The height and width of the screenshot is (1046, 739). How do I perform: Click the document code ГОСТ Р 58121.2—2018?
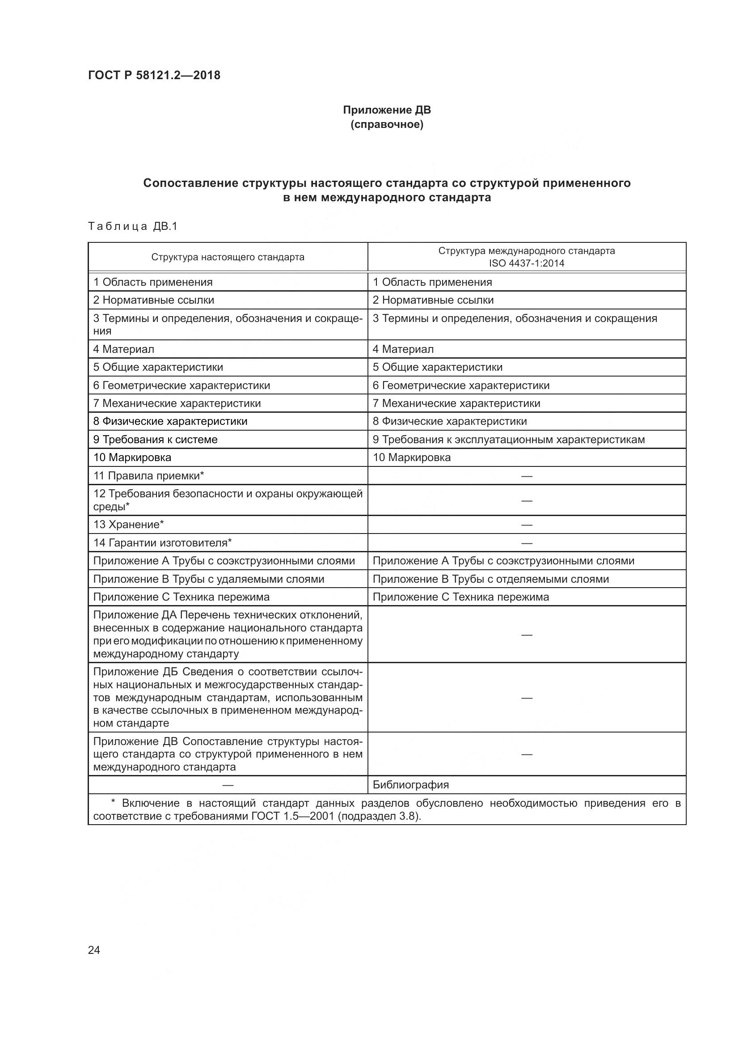click(x=154, y=75)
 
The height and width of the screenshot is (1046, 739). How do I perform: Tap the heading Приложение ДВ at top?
click(x=387, y=110)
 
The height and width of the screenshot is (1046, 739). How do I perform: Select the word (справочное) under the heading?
click(x=387, y=124)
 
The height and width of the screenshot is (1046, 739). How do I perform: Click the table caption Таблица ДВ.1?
click(x=132, y=226)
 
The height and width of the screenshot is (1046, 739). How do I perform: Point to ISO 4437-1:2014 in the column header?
click(x=526, y=263)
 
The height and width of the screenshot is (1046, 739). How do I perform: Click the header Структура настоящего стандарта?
click(x=228, y=257)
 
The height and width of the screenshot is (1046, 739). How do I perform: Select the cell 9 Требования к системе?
click(x=155, y=439)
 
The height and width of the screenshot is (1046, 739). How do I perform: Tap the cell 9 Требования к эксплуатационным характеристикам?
click(x=509, y=439)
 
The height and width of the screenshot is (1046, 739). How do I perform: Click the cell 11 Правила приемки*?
click(x=148, y=476)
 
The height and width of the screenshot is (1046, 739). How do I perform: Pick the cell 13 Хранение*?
click(x=128, y=525)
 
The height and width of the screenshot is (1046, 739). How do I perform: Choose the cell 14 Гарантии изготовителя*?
click(x=163, y=542)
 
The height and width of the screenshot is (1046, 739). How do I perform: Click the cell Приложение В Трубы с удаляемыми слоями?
click(x=208, y=579)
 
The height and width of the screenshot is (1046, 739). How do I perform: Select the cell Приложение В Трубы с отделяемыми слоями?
click(x=490, y=579)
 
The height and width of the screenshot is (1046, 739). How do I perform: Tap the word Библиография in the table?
click(x=411, y=784)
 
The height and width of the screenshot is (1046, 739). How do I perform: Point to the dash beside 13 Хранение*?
click(x=526, y=525)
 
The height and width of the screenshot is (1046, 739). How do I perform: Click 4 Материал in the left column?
click(x=123, y=349)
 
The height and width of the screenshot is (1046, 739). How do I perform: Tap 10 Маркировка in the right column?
click(x=412, y=457)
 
